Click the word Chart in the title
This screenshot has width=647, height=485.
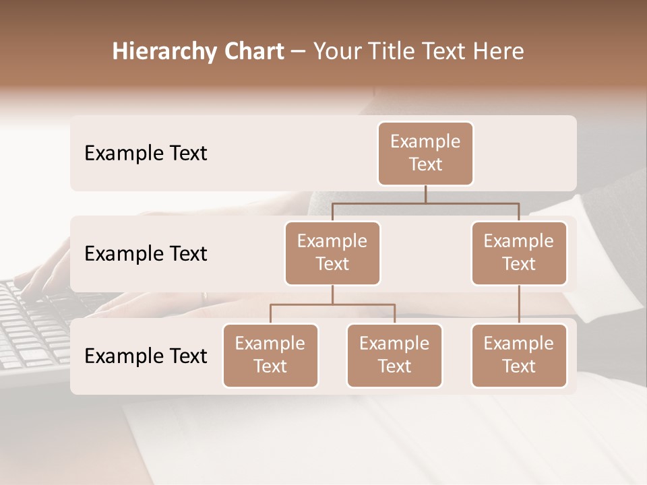251,52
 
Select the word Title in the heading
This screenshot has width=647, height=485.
392,52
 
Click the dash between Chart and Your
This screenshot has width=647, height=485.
298,52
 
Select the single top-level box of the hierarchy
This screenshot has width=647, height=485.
425,153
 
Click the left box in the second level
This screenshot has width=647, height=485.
332,253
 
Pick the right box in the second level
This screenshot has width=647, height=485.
519,253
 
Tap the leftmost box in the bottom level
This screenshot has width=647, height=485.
270,355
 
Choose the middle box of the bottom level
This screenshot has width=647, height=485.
394,355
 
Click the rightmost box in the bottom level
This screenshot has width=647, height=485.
519,355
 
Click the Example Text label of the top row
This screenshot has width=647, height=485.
146,154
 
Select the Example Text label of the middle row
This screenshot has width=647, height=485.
146,254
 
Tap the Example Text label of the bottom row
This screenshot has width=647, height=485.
146,356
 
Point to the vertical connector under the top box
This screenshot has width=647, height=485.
425,194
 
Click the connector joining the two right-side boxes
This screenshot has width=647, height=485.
519,304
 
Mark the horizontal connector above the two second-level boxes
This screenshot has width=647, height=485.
425,203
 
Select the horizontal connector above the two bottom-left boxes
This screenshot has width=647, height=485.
332,304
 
